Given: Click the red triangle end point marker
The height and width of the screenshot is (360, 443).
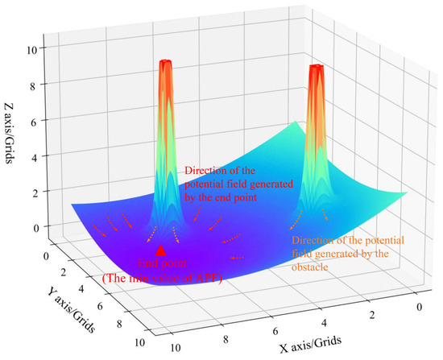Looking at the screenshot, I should click(161, 250).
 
